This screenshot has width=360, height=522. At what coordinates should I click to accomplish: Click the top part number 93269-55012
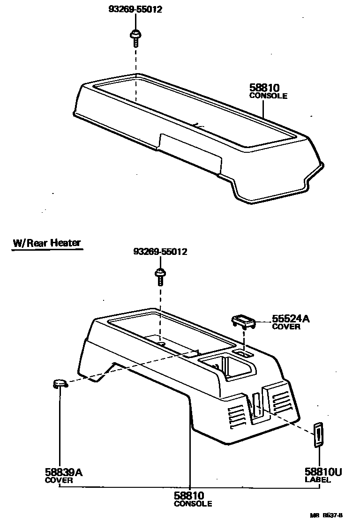click(x=135, y=9)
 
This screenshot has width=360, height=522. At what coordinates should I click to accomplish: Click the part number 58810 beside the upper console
click(x=264, y=88)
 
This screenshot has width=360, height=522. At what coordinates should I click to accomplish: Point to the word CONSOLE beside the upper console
click(x=268, y=96)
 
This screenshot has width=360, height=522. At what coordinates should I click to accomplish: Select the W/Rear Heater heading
click(x=47, y=243)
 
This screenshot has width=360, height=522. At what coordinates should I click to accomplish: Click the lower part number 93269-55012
click(x=160, y=252)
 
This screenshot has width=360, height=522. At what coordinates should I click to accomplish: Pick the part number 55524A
click(x=291, y=319)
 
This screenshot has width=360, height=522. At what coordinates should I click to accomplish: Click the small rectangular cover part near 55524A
click(x=244, y=321)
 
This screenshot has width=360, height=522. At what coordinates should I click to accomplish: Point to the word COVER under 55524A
click(x=286, y=327)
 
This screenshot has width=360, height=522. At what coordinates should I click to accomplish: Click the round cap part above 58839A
click(x=60, y=384)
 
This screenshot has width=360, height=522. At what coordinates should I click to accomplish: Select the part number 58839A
click(x=64, y=472)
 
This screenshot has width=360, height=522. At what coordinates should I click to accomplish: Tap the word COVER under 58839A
click(x=59, y=480)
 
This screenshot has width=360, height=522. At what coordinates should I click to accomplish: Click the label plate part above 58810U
click(x=318, y=434)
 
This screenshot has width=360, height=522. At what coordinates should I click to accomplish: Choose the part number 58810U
click(x=323, y=472)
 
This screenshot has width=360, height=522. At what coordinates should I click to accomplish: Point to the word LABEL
click(x=317, y=480)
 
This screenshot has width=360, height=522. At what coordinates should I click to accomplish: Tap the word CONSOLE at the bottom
click(x=193, y=504)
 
